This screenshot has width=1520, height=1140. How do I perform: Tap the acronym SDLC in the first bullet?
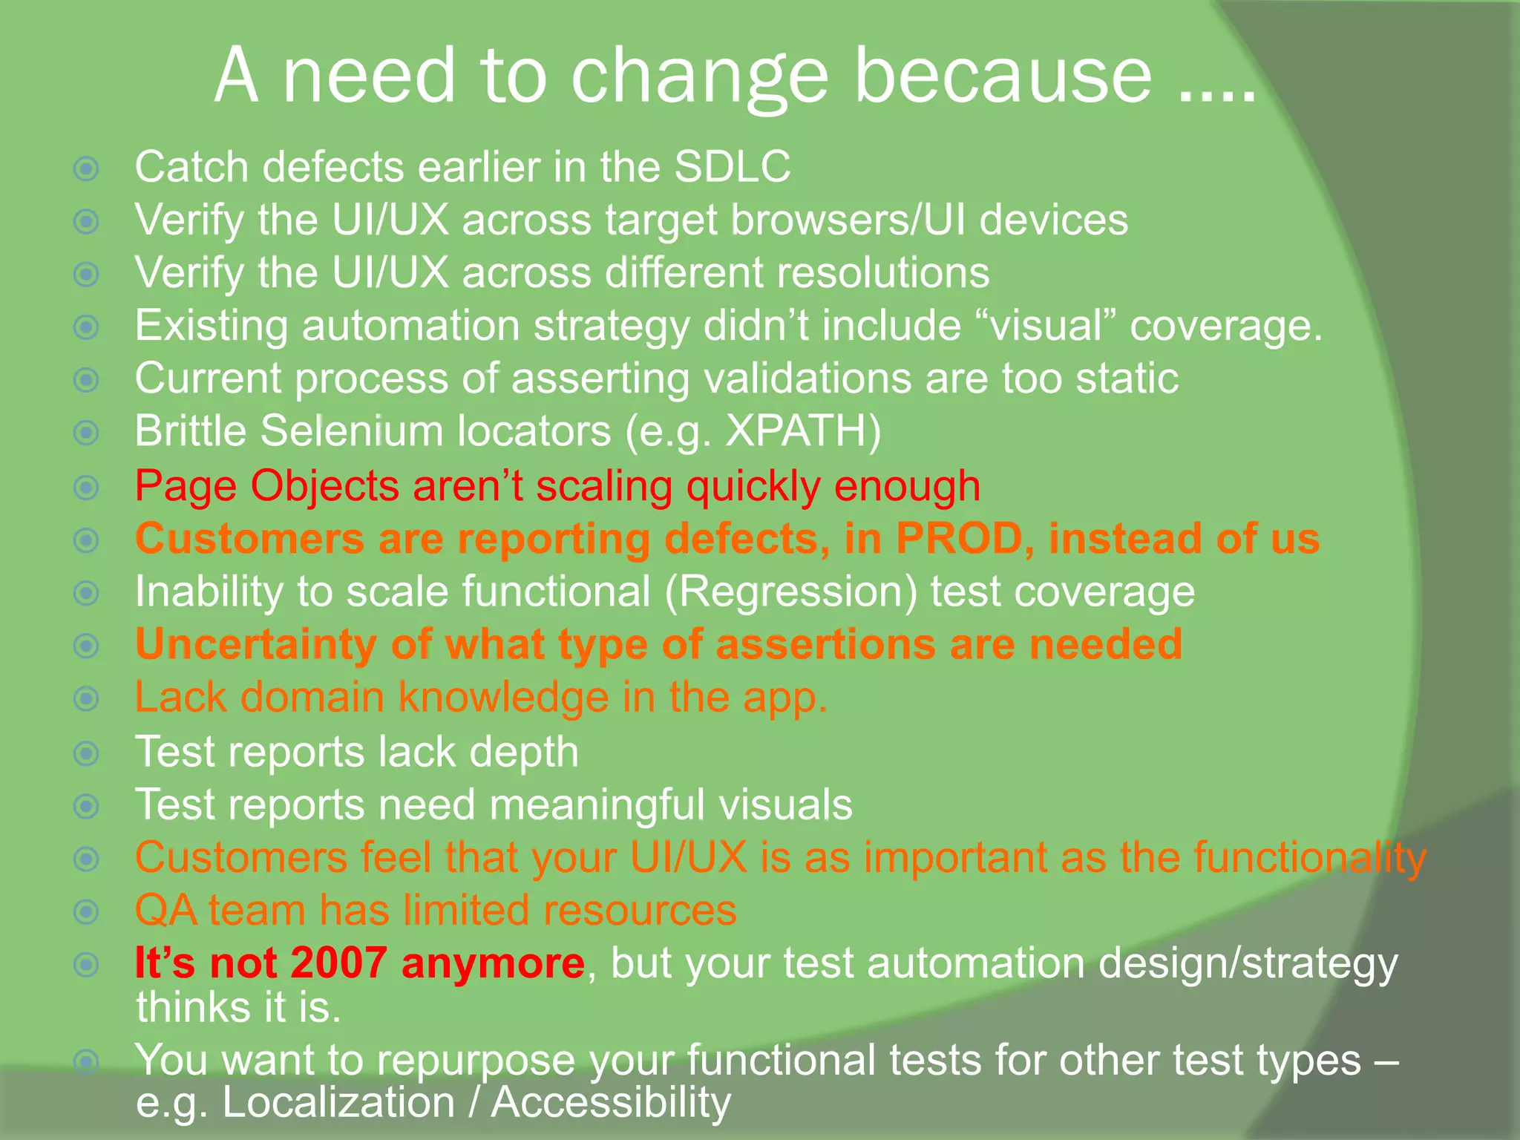(x=732, y=166)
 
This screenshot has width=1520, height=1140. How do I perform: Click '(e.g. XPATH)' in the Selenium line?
(x=753, y=431)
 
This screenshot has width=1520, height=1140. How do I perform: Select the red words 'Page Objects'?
(x=267, y=486)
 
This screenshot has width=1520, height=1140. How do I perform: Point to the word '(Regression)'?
(x=790, y=592)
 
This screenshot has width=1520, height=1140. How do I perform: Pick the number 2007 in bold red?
(x=338, y=963)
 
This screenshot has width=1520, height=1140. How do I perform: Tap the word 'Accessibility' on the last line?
(x=611, y=1102)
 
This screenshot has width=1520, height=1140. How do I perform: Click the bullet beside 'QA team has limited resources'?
(x=87, y=911)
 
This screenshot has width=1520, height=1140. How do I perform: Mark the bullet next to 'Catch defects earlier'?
(x=87, y=168)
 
